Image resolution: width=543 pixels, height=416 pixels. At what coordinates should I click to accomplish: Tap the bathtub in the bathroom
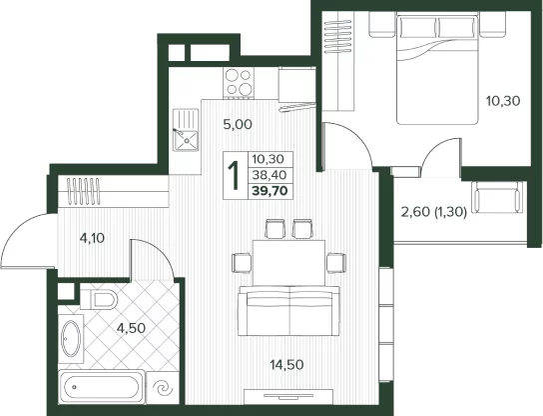[102, 387]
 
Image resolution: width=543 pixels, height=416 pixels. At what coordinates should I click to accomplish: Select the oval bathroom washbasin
[71, 339]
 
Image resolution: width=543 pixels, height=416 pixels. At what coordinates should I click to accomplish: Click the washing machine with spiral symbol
[163, 388]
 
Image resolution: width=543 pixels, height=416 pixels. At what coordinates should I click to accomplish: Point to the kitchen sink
[186, 130]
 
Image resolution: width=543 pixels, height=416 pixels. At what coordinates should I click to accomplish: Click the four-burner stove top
[239, 82]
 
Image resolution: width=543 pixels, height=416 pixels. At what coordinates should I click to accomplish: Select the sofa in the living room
[289, 311]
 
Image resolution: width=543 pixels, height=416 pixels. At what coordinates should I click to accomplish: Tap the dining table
[288, 263]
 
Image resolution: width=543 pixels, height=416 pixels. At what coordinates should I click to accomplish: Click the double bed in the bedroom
[437, 68]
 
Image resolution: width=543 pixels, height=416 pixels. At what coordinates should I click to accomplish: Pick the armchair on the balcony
[498, 197]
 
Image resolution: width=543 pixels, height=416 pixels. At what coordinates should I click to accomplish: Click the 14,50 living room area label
[286, 365]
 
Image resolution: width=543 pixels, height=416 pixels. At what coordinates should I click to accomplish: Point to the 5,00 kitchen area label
[238, 124]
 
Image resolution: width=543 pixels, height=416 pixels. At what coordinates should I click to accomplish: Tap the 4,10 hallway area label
[92, 238]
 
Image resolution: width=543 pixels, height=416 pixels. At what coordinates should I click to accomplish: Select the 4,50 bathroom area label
[131, 328]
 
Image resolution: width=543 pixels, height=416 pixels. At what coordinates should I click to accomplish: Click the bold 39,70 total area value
[271, 191]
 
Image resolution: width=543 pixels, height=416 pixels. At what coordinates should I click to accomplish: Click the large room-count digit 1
[235, 176]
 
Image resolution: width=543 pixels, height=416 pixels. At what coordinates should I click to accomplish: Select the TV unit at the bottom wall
[288, 397]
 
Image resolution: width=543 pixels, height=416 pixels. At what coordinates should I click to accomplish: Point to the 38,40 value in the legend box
[270, 175]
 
